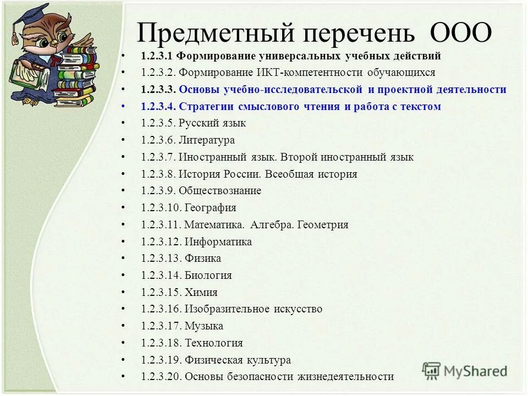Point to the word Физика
[x=203, y=258]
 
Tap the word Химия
[x=201, y=293]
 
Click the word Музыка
[x=204, y=326]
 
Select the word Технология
[x=213, y=343]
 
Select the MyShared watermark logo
[x=465, y=371]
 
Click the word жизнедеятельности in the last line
[x=346, y=377]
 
